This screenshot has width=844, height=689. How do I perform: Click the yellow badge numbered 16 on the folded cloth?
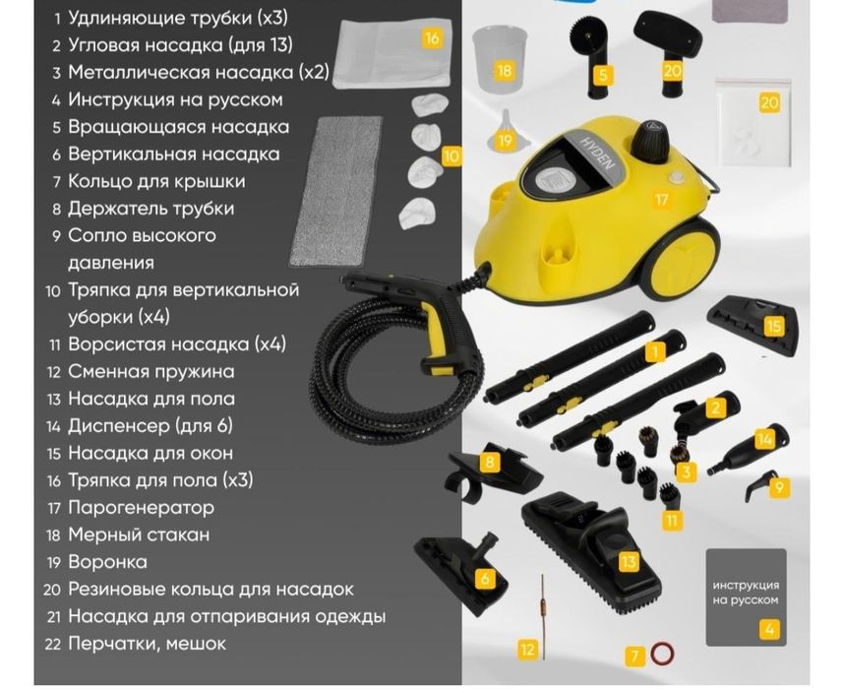pos(430,38)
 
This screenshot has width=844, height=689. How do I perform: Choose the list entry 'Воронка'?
pos(107,562)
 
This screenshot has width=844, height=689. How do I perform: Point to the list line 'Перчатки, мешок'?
pos(147,643)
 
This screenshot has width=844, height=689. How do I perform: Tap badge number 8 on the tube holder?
pos(491,462)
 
